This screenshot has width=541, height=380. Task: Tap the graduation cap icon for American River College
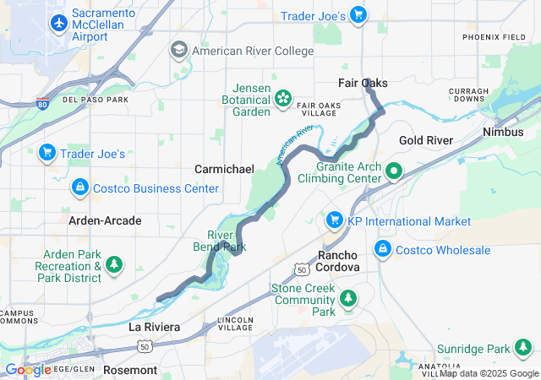[179, 51]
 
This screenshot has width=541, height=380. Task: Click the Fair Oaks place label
[363, 83]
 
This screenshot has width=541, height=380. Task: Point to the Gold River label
[426, 140]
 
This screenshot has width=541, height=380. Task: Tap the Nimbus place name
[503, 133]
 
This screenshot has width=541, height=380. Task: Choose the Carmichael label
[224, 169]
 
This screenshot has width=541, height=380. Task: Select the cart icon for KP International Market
[335, 220]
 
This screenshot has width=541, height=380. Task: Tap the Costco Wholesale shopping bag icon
[383, 250]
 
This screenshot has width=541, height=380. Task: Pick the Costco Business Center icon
[79, 187]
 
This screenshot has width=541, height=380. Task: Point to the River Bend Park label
[227, 242]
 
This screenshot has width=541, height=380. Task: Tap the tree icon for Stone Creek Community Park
[347, 299]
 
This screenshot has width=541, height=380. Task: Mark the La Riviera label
[154, 326]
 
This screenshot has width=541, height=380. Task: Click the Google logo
[28, 369]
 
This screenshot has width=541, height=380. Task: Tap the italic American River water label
[294, 144]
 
